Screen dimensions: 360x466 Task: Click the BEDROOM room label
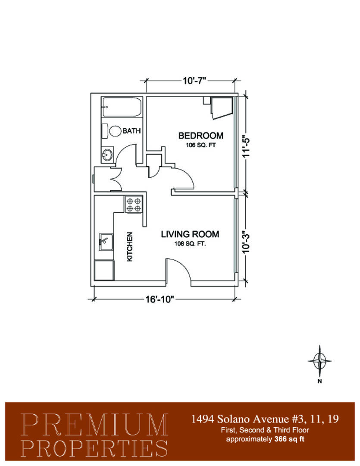(x=200, y=135)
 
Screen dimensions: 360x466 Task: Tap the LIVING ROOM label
(x=190, y=234)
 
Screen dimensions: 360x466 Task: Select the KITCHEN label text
(x=130, y=247)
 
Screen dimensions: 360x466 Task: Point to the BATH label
(x=131, y=131)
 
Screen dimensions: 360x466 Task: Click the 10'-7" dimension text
(x=194, y=81)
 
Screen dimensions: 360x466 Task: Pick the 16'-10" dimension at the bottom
(x=159, y=299)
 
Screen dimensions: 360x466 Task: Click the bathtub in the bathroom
(x=122, y=107)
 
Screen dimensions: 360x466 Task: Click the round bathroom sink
(x=107, y=154)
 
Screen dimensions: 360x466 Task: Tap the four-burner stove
(x=134, y=205)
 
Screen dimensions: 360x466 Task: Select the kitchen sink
(x=106, y=242)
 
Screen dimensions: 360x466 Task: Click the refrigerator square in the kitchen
(x=104, y=270)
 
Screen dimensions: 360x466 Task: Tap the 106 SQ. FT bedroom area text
(x=201, y=145)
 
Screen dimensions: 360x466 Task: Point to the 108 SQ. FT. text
(x=190, y=244)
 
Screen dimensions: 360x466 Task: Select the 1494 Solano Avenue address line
(x=264, y=419)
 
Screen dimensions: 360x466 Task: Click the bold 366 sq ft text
(x=289, y=439)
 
